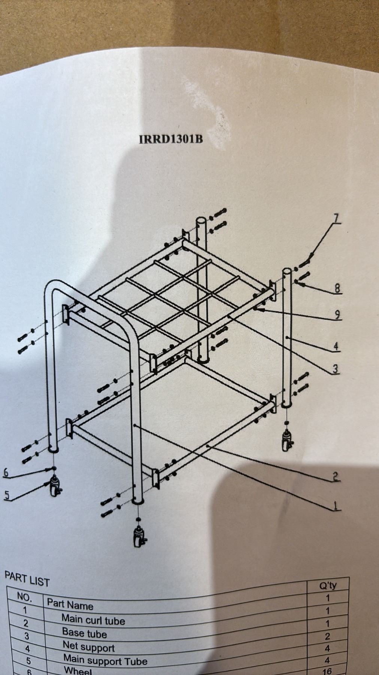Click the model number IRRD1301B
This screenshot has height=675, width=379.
pos(171,139)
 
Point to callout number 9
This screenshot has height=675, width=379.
pos(337,315)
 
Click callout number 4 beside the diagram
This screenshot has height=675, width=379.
pos(336,346)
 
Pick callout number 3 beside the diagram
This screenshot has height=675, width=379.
pos(336,369)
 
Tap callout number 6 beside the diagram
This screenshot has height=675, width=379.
pos(6,472)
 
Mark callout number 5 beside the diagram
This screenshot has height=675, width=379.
pos(6,495)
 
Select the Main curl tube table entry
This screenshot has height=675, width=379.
pos(93,620)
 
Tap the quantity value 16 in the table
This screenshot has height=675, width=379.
pos(326,671)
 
